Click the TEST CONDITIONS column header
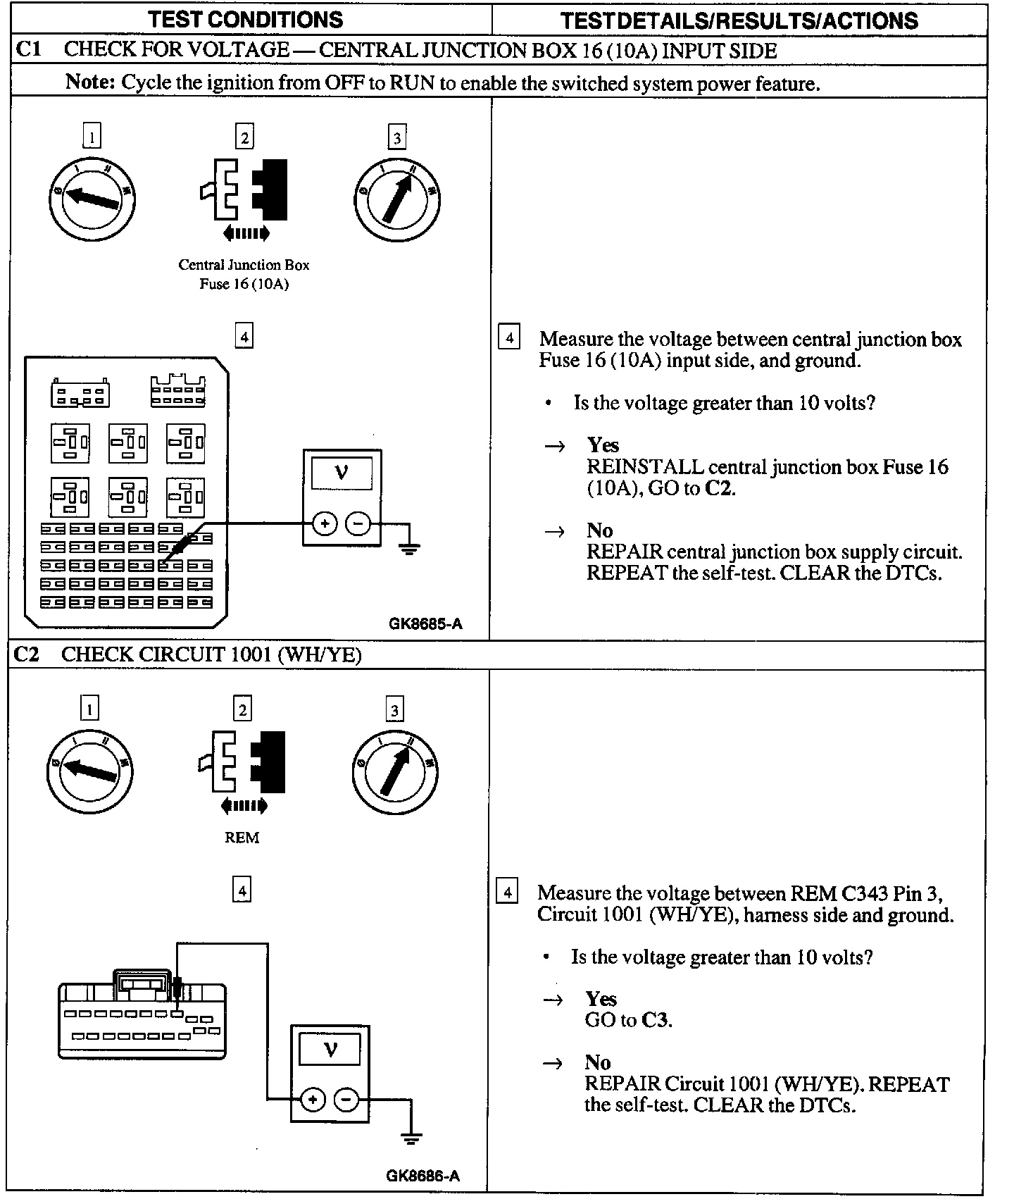(x=245, y=20)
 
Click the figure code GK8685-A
(x=425, y=623)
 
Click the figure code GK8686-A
(x=423, y=1175)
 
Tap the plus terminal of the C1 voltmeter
(x=325, y=523)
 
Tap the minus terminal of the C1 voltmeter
(x=358, y=523)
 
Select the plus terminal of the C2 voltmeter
(x=313, y=1099)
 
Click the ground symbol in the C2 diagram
(x=411, y=1138)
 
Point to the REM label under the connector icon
(x=242, y=838)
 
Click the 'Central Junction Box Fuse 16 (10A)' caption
(x=244, y=274)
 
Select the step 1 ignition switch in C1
(x=92, y=199)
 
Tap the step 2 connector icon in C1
(x=244, y=190)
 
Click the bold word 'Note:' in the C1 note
(x=89, y=82)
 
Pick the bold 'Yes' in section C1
(x=603, y=445)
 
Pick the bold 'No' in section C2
(x=598, y=1062)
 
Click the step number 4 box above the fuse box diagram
(x=244, y=337)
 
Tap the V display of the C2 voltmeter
(x=330, y=1050)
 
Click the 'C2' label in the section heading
(x=27, y=654)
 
